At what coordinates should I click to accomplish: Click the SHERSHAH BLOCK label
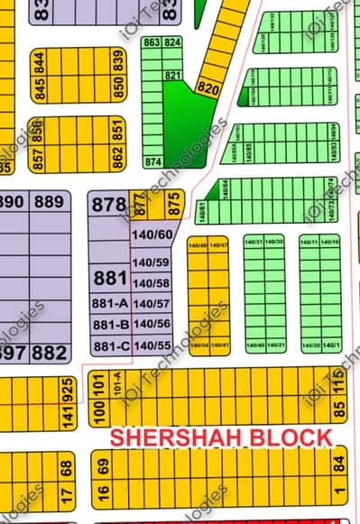point(221,437)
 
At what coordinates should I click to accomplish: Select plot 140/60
point(151,235)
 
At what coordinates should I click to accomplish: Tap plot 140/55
point(151,345)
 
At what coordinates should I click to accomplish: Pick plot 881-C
point(110,345)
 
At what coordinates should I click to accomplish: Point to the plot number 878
point(106,205)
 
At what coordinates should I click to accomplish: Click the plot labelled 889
point(50,202)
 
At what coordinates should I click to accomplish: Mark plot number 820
point(207,88)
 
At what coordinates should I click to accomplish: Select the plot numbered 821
point(173,75)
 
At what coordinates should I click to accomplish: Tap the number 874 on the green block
point(152,162)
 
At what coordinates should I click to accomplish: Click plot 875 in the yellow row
point(175,204)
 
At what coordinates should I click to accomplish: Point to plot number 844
point(40,61)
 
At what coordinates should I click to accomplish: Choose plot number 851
point(117,130)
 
